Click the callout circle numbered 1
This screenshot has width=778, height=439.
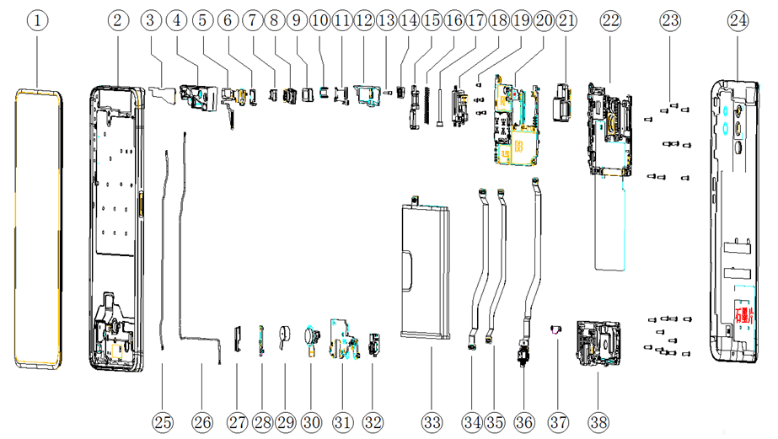tap(39, 19)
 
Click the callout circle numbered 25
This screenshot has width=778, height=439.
tap(163, 420)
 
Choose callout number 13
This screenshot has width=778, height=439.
tap(387, 19)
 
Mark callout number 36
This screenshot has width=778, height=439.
tap(523, 420)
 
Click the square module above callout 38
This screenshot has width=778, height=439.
tap(597, 345)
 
